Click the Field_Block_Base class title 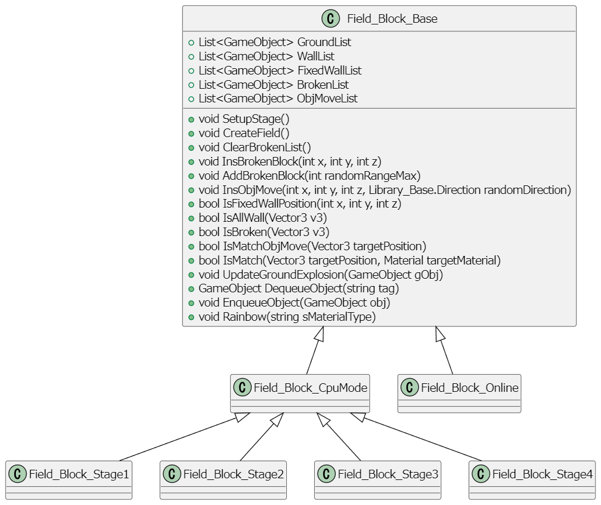click(392, 19)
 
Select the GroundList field click(274, 42)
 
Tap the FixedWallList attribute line click(279, 71)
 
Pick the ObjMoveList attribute click(278, 98)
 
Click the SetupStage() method click(244, 119)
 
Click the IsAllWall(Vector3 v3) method click(262, 217)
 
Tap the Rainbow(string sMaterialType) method click(287, 317)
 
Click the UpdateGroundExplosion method click(320, 274)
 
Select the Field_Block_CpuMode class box click(300, 393)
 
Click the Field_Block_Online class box click(459, 393)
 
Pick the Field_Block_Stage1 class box click(69, 479)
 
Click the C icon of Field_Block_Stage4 click(481, 474)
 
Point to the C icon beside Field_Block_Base click(331, 19)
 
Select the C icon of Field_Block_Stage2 click(172, 474)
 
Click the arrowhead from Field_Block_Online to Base click(440, 334)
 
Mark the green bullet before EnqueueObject click(191, 303)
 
